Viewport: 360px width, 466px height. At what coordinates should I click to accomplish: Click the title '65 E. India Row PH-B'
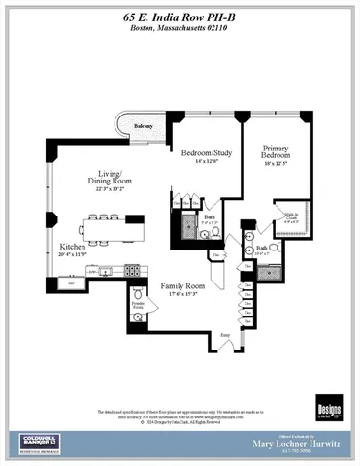[180, 17]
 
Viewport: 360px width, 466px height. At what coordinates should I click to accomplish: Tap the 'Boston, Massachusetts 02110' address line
[180, 29]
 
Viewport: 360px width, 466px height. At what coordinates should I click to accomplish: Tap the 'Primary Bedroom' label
[276, 154]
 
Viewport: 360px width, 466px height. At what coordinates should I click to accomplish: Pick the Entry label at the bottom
[226, 333]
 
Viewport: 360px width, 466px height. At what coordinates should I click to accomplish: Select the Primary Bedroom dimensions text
[276, 165]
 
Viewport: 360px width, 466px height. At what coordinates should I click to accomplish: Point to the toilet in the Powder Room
[138, 292]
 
